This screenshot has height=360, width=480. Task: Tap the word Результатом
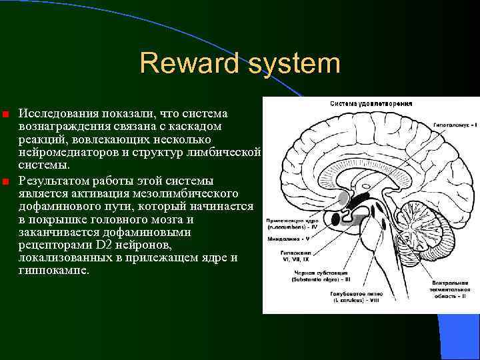point(55,180)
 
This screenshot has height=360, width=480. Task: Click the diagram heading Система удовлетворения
point(371,103)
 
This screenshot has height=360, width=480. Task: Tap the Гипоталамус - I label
point(455,125)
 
